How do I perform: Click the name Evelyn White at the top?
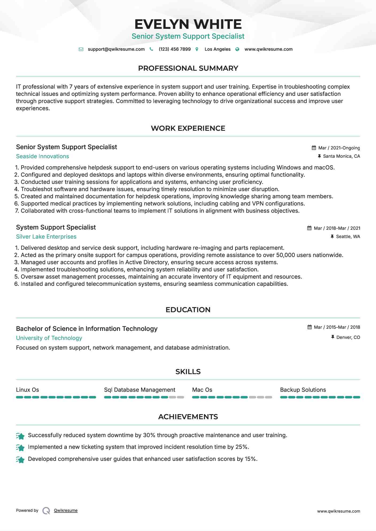[188, 24]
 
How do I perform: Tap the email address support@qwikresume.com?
[116, 49]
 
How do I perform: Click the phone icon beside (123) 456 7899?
[151, 49]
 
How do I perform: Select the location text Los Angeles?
[217, 49]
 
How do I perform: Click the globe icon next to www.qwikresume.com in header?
[237, 49]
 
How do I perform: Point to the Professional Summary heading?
[188, 68]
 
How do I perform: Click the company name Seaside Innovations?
[42, 156]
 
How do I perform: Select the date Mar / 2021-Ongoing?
[339, 148]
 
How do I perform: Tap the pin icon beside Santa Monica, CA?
[319, 156]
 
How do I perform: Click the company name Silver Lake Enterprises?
[46, 237]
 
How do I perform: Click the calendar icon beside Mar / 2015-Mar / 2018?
[309, 327]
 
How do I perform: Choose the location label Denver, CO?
[348, 338]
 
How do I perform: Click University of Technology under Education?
[49, 338]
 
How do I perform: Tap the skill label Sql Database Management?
[139, 390]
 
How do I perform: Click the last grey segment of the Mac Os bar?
[269, 397]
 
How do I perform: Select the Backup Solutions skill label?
[303, 390]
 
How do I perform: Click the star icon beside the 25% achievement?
[20, 447]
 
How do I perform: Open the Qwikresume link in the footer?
[65, 510]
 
